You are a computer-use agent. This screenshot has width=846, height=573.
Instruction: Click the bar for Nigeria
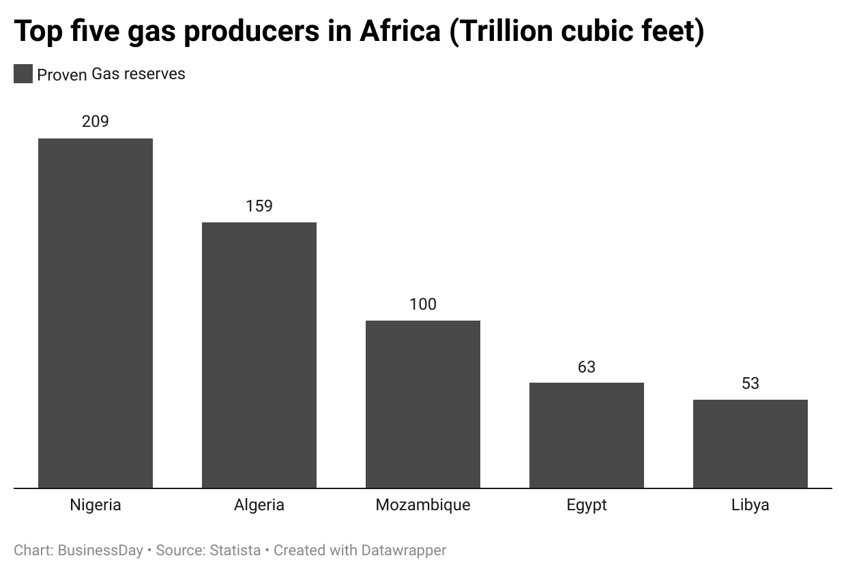[96, 313]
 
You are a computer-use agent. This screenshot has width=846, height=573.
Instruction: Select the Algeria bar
[259, 355]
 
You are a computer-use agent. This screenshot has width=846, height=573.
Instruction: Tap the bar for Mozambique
[423, 404]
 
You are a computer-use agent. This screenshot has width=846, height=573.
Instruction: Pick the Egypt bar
[587, 435]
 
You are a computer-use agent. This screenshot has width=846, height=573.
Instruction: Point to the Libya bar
[750, 443]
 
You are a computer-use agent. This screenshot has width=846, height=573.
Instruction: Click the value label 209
[96, 121]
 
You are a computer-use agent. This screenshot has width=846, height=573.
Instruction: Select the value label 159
[259, 205]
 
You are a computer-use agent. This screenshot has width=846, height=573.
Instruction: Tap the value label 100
[423, 304]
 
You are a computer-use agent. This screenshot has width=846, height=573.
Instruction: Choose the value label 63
[587, 366]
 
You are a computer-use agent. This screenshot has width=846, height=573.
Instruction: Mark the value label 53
[750, 383]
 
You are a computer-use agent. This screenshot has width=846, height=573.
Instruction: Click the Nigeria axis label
[96, 505]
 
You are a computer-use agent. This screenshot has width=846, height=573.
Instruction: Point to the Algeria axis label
[259, 505]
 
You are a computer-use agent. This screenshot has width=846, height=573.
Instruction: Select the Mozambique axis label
[423, 505]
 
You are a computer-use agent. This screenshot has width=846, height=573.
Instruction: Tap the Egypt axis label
[587, 505]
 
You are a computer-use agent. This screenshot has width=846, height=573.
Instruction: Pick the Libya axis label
[750, 505]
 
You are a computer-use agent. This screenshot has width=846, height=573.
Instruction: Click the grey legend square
[23, 74]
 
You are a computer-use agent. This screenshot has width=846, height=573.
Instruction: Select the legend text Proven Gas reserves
[111, 74]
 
